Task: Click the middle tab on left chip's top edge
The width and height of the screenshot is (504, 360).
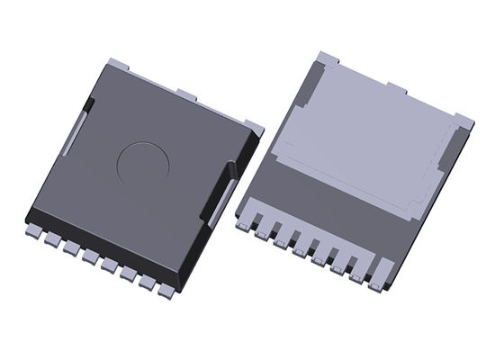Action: tap(186, 94)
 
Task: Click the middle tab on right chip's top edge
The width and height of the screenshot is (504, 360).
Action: tap(396, 87)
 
